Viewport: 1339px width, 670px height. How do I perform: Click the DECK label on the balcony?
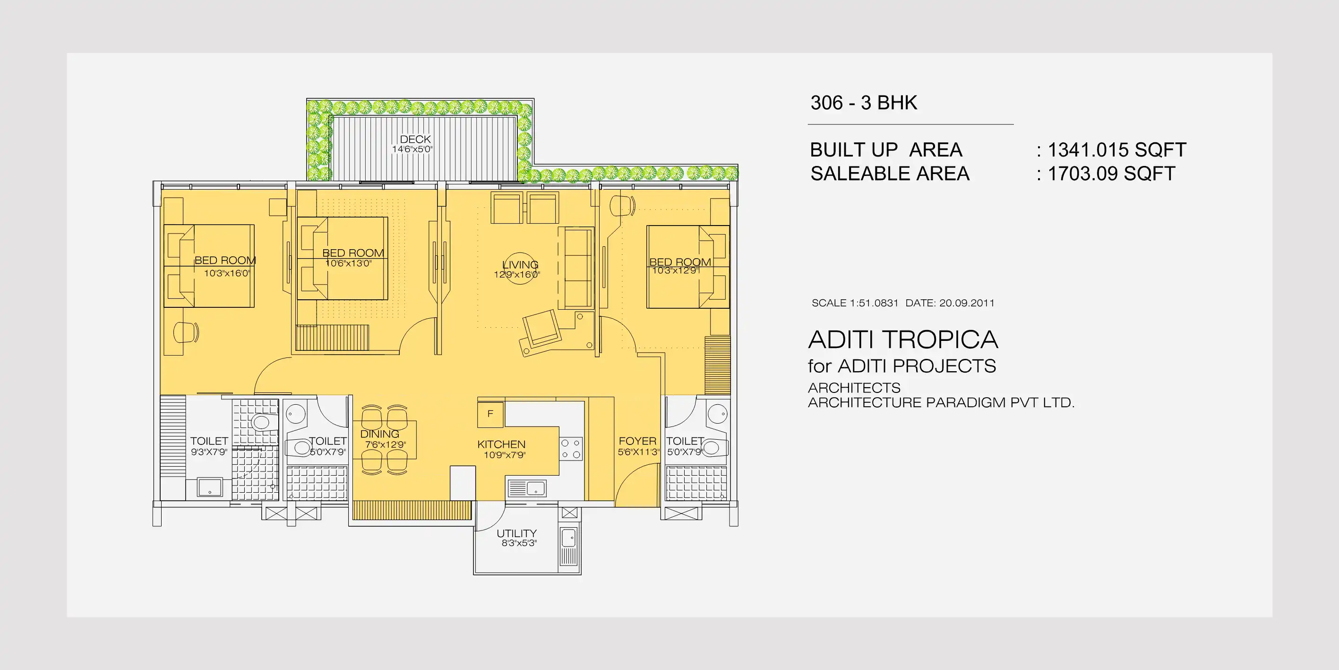(x=415, y=139)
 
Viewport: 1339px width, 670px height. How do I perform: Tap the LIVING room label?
(x=520, y=264)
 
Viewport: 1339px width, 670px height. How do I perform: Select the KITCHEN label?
(x=501, y=444)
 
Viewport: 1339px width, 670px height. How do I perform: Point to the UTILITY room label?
(x=516, y=533)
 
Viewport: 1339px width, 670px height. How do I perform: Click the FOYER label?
(x=637, y=441)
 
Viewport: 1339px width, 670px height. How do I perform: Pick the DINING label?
(x=379, y=434)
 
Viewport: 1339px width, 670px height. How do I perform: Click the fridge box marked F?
(x=490, y=415)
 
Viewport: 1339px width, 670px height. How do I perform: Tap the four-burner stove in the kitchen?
(x=571, y=449)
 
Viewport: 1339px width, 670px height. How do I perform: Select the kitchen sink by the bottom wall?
(x=526, y=488)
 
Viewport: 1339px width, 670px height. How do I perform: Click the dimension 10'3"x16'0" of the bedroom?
(x=227, y=273)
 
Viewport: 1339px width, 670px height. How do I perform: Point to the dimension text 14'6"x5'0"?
(x=412, y=149)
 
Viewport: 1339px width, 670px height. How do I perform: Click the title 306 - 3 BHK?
(x=864, y=103)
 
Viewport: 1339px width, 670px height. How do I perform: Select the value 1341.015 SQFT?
(x=1117, y=150)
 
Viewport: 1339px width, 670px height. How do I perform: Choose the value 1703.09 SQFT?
(x=1111, y=174)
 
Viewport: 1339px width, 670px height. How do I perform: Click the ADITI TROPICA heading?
(x=903, y=339)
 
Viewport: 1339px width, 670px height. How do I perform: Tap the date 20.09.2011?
(x=967, y=303)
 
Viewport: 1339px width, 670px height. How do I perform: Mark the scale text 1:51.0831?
(x=874, y=303)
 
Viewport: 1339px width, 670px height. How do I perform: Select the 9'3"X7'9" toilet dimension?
(x=209, y=452)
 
